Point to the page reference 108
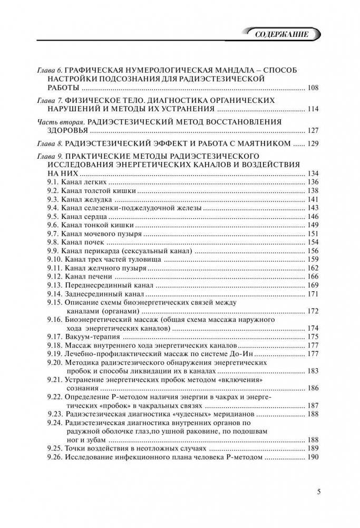[313, 88]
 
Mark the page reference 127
[313, 130]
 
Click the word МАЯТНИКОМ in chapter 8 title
[261, 143]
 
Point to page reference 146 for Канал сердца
[313, 217]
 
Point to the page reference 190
[313, 457]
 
